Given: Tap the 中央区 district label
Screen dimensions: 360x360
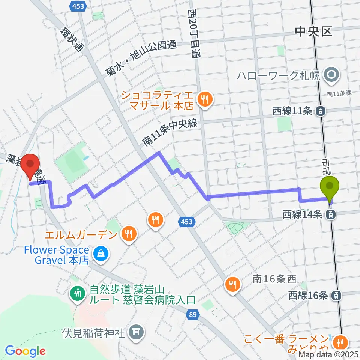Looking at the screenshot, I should tap(314, 31).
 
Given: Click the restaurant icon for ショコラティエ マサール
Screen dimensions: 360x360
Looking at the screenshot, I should tap(205, 100).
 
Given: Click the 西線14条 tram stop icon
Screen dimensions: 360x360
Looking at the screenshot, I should tap(330, 214).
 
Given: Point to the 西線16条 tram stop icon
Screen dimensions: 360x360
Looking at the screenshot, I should tap(337, 295).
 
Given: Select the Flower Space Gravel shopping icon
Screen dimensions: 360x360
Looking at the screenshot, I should tap(101, 254).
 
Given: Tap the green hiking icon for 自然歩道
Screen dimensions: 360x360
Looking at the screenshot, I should tap(78, 293).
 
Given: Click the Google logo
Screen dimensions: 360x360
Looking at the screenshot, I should tap(25, 351).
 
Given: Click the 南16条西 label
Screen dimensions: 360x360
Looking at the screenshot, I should tap(274, 279).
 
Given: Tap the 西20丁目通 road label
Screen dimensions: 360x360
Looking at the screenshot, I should tap(193, 34).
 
